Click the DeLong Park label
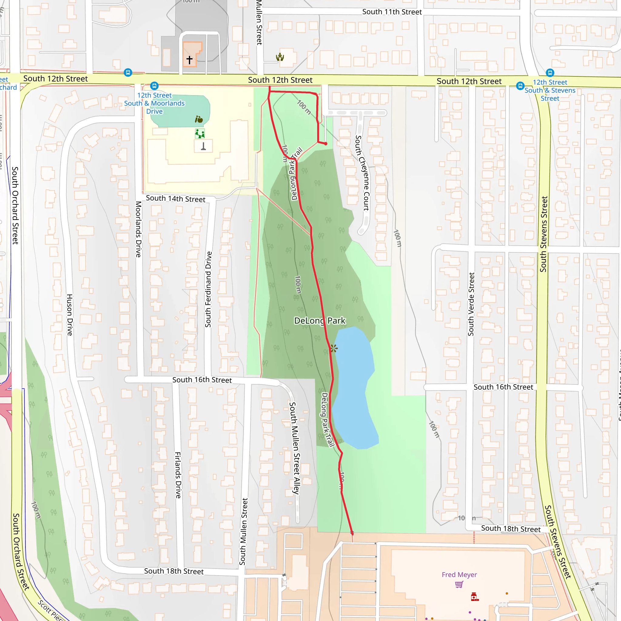[320, 321]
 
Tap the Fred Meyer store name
[459, 574]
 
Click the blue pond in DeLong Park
[354, 386]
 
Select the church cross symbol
[189, 60]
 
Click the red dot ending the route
[326, 144]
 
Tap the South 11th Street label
[392, 12]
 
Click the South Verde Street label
[471, 304]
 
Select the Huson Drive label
[69, 315]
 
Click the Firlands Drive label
[178, 475]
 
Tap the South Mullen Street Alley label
[294, 448]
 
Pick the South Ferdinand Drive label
[208, 289]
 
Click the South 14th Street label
[176, 199]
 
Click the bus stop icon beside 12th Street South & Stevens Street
[520, 86]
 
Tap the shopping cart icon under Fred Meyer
[459, 584]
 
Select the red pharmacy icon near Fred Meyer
[475, 597]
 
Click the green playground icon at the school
[200, 133]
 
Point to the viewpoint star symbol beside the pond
[334, 348]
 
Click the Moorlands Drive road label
[138, 229]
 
